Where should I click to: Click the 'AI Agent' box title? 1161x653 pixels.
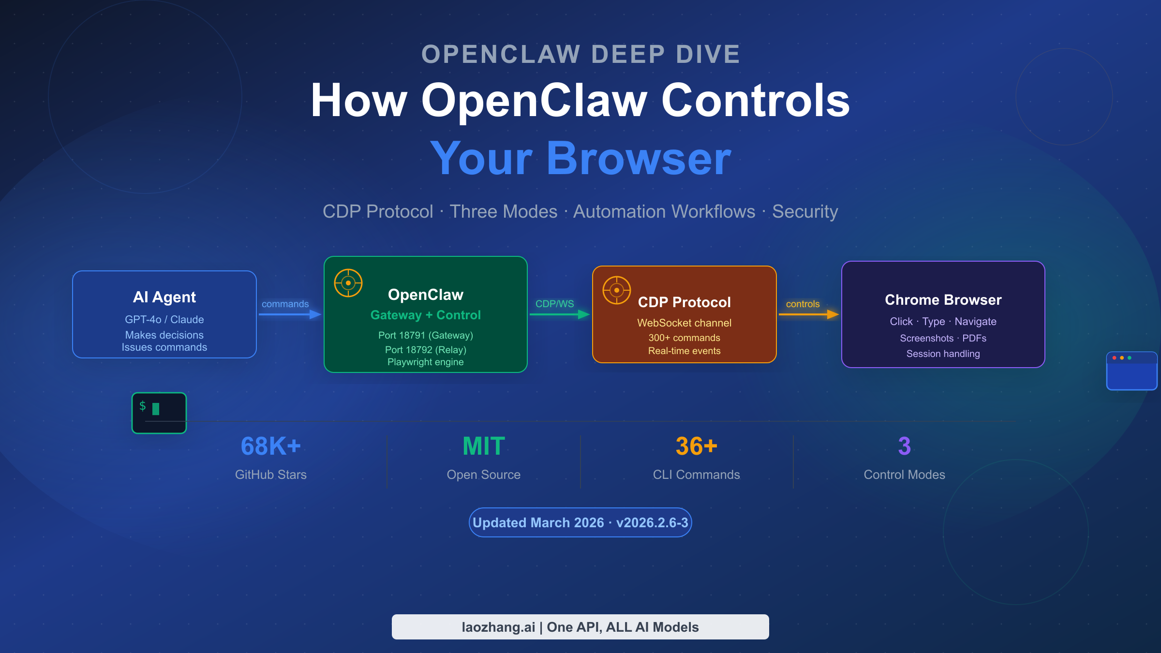164,297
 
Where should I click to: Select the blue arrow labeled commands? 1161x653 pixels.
289,314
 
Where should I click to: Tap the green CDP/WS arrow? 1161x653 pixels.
559,314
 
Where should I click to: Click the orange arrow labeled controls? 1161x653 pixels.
808,314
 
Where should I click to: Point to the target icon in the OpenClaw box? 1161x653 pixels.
348,283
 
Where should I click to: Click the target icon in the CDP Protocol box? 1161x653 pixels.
617,290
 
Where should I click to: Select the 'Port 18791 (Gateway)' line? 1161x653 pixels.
426,335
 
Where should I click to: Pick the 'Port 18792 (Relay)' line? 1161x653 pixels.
426,350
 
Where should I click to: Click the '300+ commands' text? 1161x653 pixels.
684,338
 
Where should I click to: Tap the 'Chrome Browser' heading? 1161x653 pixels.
943,300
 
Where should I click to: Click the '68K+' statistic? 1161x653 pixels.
271,446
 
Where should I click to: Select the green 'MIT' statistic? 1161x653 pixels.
484,446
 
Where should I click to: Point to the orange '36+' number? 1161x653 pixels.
696,446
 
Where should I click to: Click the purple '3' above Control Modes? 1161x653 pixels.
904,446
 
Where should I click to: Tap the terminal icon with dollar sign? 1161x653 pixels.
159,413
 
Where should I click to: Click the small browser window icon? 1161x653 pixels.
1131,371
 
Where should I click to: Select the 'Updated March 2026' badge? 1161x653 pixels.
580,522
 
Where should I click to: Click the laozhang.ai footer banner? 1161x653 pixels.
580,627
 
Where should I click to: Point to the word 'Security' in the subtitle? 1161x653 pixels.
805,212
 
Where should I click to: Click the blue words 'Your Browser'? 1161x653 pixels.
580,159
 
